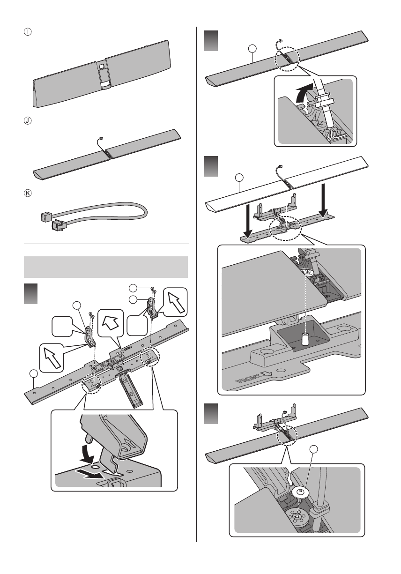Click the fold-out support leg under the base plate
[x=130, y=387]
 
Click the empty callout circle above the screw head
[x=314, y=451]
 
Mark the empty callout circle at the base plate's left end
[x=33, y=373]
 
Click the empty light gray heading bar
[x=106, y=267]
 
